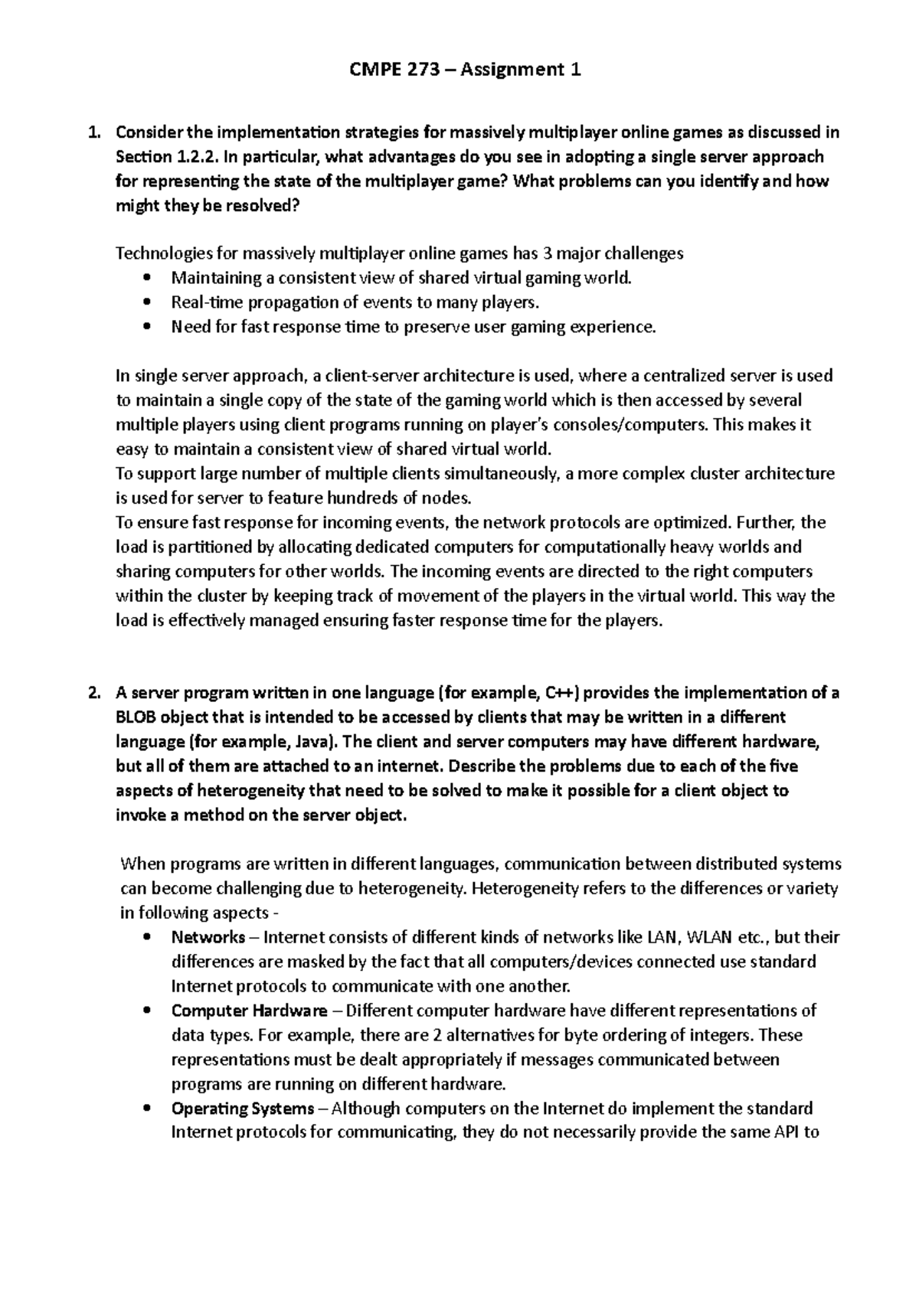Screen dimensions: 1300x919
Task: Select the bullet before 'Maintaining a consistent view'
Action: [148, 278]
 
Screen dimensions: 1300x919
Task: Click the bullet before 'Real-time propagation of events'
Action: [148, 302]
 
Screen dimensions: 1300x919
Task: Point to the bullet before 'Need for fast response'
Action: [148, 327]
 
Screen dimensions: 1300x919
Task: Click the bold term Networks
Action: [208, 937]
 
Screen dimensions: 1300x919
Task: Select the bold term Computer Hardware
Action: [250, 1011]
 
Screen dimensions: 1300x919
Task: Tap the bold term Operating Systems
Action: [243, 1109]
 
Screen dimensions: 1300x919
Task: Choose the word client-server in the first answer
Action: [365, 376]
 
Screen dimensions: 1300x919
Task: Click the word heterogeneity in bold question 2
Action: [248, 791]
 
